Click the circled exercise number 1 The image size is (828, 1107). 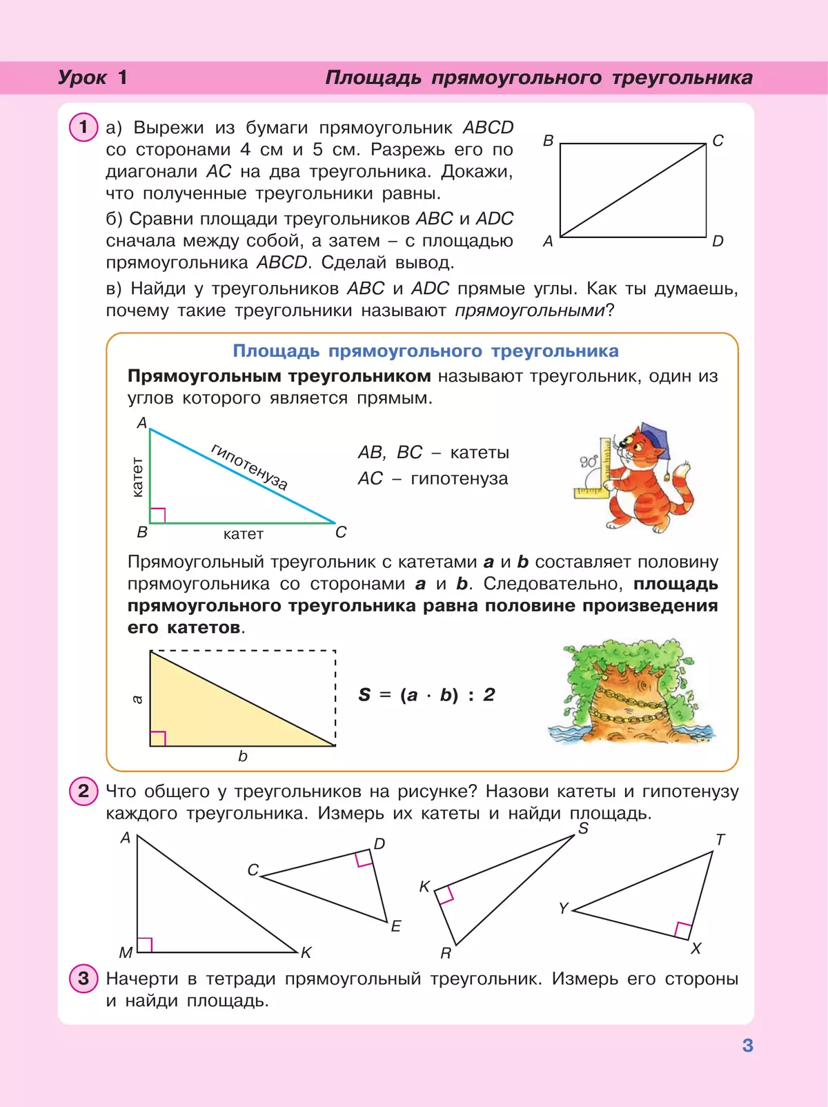coord(83,127)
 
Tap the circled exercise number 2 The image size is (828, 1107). coord(83,791)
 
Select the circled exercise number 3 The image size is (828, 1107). coord(83,978)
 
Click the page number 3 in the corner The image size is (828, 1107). coord(747,1046)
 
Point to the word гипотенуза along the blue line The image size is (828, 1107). coord(249,467)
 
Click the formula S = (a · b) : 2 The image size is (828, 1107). coord(426,694)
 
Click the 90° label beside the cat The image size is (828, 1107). coord(589,462)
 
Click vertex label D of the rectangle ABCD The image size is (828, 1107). coord(718,241)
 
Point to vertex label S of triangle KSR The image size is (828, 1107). coord(583,828)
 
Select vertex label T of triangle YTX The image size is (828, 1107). coord(720,839)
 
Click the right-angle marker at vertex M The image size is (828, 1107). coord(144,945)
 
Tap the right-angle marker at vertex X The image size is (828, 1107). coord(683,930)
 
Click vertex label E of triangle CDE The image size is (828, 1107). coord(396,926)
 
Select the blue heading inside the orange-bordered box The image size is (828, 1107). coord(426,351)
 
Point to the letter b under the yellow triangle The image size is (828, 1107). coord(243,756)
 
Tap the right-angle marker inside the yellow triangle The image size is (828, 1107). coord(158,738)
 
